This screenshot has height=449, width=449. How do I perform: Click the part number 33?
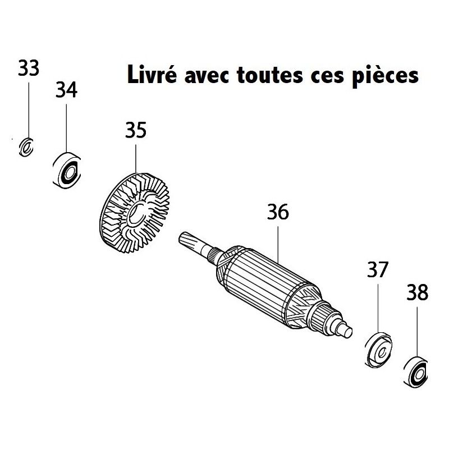pyautogui.click(x=29, y=68)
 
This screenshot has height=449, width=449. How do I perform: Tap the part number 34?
pyautogui.click(x=66, y=90)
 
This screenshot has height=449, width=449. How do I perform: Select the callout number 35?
pyautogui.click(x=136, y=130)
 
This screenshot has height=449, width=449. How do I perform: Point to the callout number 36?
pyautogui.click(x=278, y=212)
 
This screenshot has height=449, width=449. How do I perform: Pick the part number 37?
pyautogui.click(x=378, y=269)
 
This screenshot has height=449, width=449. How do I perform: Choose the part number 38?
pyautogui.click(x=417, y=292)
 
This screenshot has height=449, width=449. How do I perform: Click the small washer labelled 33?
pyautogui.click(x=26, y=147)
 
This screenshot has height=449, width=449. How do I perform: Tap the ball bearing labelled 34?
pyautogui.click(x=67, y=171)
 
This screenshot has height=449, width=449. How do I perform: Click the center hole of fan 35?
pyautogui.click(x=136, y=213)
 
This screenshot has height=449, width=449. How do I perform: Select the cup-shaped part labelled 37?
pyautogui.click(x=379, y=350)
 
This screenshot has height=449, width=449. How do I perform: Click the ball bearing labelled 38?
pyautogui.click(x=416, y=372)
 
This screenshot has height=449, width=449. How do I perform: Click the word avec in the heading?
pyautogui.click(x=207, y=76)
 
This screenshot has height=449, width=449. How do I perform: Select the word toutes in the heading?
pyautogui.click(x=270, y=75)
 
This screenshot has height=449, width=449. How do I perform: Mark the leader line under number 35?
pyautogui.click(x=136, y=159)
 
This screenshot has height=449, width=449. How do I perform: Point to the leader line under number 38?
pyautogui.click(x=417, y=333)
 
